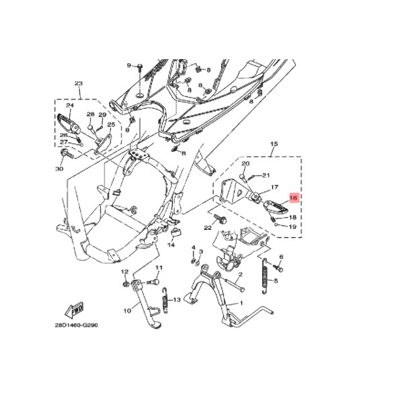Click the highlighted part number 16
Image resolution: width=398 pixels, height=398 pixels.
click(293, 198)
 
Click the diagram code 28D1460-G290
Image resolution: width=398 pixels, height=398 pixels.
click(76, 325)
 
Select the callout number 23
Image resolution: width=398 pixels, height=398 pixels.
click(79, 83)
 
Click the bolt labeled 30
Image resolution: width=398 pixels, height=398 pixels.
click(67, 154)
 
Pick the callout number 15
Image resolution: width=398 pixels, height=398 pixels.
click(274, 144)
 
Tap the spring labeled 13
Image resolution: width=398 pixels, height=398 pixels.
click(166, 301)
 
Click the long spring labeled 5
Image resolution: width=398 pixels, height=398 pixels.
click(266, 276)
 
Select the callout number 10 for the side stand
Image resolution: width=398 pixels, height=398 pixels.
click(128, 311)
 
